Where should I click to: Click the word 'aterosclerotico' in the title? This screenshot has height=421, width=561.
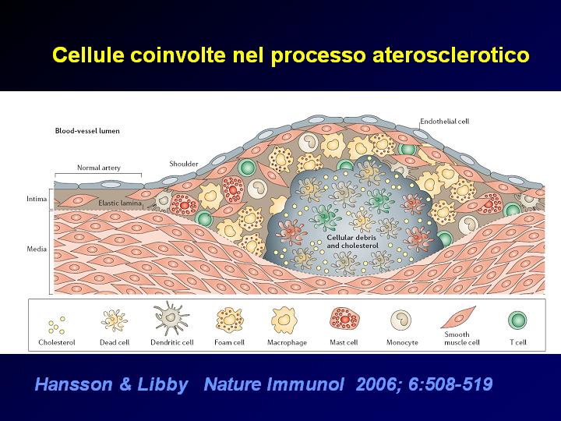point(451,55)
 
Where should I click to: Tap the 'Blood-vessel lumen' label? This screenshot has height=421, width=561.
point(87,131)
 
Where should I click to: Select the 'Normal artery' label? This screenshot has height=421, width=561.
point(99,168)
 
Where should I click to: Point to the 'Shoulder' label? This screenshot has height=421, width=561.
point(184,164)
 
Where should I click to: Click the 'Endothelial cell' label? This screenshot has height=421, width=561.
point(444,122)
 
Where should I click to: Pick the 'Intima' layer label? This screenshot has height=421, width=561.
point(37,199)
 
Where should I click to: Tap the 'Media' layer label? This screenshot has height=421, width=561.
point(37,249)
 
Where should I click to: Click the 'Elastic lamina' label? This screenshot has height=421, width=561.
point(120,203)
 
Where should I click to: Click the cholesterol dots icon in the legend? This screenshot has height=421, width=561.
point(57,324)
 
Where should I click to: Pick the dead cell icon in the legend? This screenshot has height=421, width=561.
point(114,320)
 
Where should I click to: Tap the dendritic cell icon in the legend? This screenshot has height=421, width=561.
point(171,318)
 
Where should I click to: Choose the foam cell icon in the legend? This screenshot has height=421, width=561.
point(229,320)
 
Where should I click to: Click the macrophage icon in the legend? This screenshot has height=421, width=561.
point(284,320)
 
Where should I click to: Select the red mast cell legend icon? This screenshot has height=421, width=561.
point(344,318)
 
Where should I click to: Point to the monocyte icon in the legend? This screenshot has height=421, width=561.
point(400,320)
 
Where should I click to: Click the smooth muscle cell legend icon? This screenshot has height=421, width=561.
point(458,317)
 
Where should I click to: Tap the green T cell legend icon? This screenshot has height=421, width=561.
point(517,320)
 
